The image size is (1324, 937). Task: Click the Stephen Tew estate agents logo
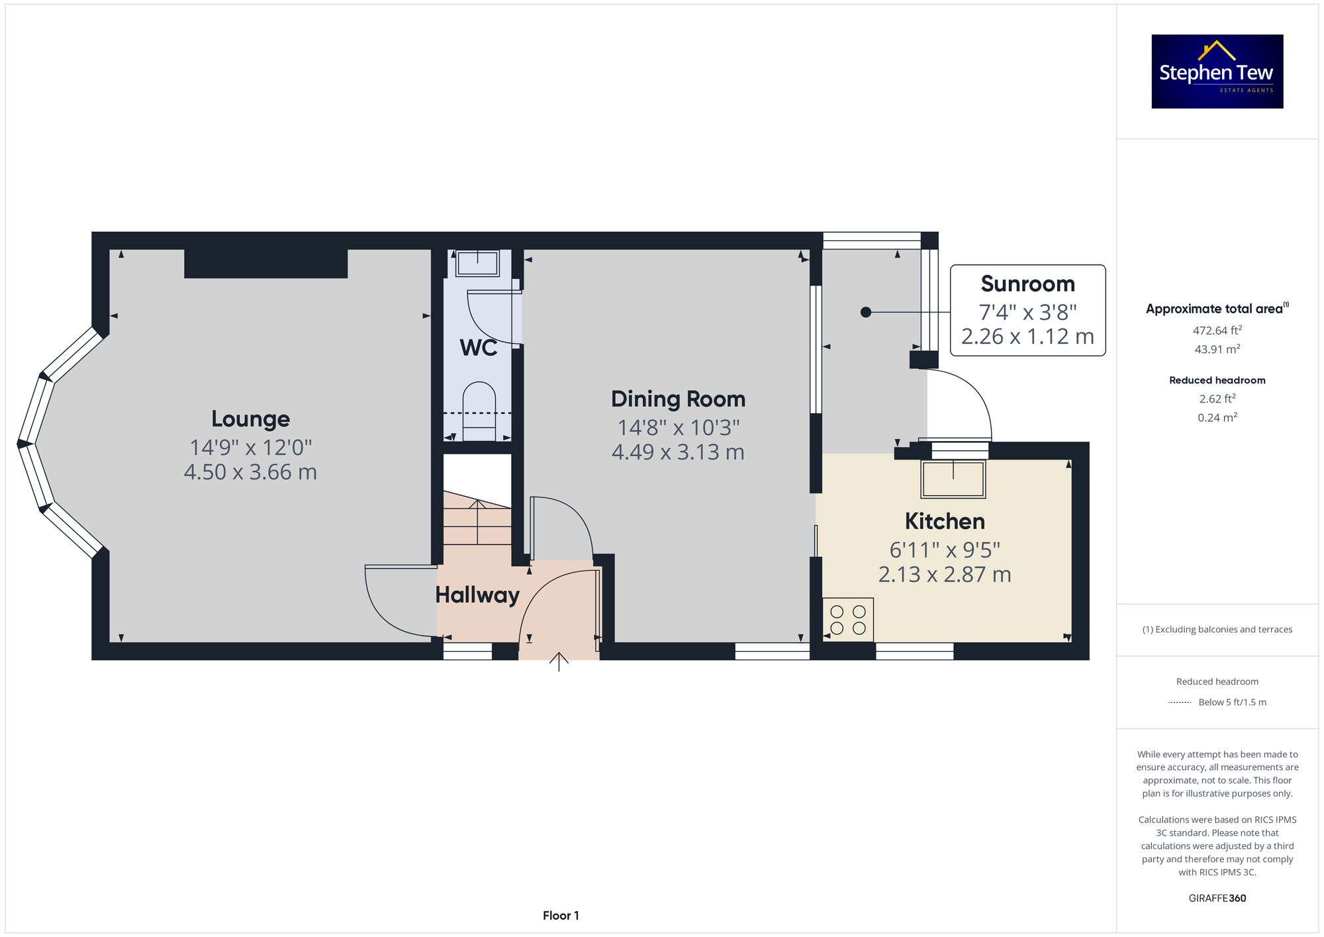[1217, 72]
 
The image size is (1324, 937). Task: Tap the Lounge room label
[250, 419]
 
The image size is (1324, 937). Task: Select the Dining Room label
[678, 399]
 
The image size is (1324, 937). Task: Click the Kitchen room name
[945, 522]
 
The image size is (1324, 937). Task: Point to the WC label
[478, 348]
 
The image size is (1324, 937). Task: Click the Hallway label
[477, 595]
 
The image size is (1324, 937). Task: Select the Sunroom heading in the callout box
[1027, 284]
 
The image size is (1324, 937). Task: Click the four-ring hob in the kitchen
[848, 620]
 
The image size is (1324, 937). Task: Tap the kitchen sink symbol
[953, 479]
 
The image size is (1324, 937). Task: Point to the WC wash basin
[477, 264]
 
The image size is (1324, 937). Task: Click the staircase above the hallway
[477, 523]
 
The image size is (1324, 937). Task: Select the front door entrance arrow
[559, 662]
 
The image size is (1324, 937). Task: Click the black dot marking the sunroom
[865, 312]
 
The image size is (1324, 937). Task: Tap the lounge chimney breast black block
[265, 264]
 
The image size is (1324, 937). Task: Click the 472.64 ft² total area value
[1217, 330]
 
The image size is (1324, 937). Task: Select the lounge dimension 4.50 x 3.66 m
[250, 473]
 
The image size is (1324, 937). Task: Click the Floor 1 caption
[561, 916]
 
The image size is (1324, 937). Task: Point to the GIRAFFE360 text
[1217, 899]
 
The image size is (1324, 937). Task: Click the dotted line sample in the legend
[1180, 703]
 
